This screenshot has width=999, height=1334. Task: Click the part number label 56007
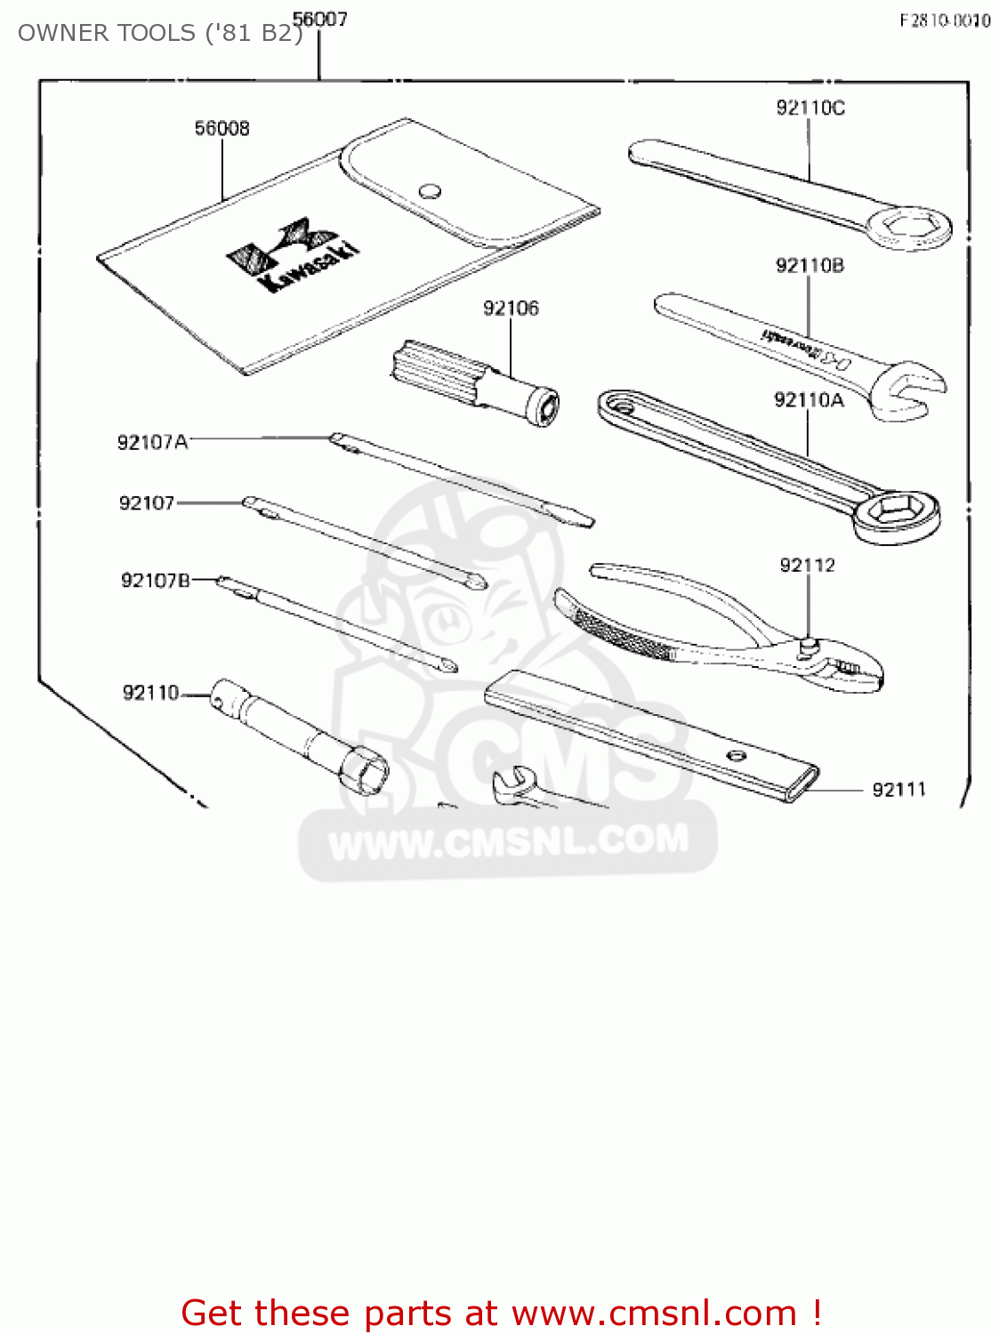(x=320, y=19)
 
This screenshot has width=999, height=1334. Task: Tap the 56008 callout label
(x=222, y=128)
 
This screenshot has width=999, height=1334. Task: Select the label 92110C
(x=810, y=108)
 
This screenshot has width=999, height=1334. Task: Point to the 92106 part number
(x=511, y=308)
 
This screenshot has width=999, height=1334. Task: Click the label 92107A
(x=153, y=442)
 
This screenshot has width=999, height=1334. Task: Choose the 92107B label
(x=156, y=581)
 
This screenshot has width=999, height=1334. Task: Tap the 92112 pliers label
(x=807, y=565)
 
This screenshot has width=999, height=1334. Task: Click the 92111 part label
(x=898, y=790)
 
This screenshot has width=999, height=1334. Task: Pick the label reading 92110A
(x=809, y=400)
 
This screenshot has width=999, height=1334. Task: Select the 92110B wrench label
(x=810, y=265)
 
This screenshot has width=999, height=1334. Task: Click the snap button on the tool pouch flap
(x=430, y=190)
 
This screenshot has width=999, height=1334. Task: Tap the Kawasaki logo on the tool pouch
(x=294, y=254)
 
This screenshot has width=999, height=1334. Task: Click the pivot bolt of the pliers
(x=809, y=646)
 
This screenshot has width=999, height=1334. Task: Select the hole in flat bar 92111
(x=736, y=756)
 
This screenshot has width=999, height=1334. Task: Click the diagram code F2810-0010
(x=945, y=20)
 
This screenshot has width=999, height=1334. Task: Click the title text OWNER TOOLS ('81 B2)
(x=160, y=33)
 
